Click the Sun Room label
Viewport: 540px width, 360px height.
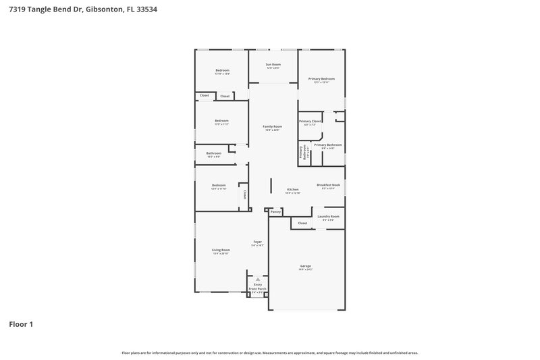click(x=273, y=64)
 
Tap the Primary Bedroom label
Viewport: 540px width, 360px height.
click(x=322, y=79)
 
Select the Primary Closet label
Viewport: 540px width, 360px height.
click(x=310, y=122)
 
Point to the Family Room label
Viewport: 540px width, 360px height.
click(x=273, y=127)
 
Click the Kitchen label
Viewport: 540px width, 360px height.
click(x=293, y=190)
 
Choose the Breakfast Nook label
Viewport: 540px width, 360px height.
click(x=329, y=185)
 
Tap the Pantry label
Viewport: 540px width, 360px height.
click(x=275, y=212)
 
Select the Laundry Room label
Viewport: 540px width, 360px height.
click(x=329, y=217)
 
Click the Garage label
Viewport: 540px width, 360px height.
click(x=306, y=266)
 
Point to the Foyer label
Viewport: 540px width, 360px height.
click(x=257, y=242)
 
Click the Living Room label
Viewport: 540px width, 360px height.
click(x=221, y=250)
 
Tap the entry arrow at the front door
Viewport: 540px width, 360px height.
click(x=257, y=278)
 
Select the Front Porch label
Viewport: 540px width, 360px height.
click(x=257, y=289)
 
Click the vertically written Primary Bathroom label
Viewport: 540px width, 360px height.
click(x=302, y=153)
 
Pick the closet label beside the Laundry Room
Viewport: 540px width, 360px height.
click(x=302, y=223)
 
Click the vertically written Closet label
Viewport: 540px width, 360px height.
click(x=245, y=195)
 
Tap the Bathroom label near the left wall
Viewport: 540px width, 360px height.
click(x=214, y=153)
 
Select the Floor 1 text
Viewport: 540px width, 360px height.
click(x=21, y=324)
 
